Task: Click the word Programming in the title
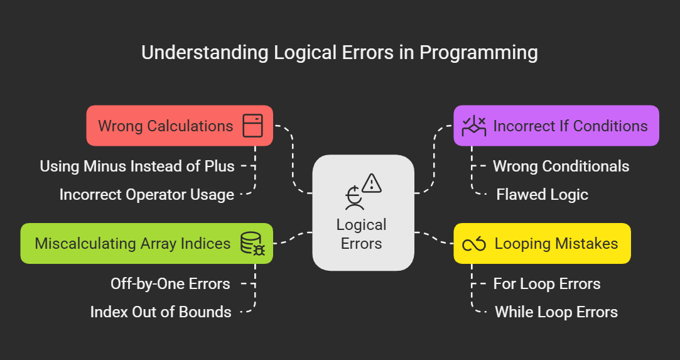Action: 478,53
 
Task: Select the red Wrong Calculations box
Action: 179,126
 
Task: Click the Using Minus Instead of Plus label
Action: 137,166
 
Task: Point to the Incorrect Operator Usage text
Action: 146,195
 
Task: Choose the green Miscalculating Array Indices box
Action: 146,243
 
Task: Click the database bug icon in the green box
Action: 252,244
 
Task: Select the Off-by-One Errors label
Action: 170,284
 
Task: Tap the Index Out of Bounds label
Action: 161,312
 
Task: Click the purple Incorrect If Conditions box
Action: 556,126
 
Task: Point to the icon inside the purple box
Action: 474,126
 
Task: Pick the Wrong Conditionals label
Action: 561,166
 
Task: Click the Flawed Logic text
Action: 542,195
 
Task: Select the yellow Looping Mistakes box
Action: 542,243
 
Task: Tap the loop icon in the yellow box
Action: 475,244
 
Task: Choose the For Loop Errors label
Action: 546,284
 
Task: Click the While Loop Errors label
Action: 556,312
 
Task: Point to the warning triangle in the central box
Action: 372,183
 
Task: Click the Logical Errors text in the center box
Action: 362,233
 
